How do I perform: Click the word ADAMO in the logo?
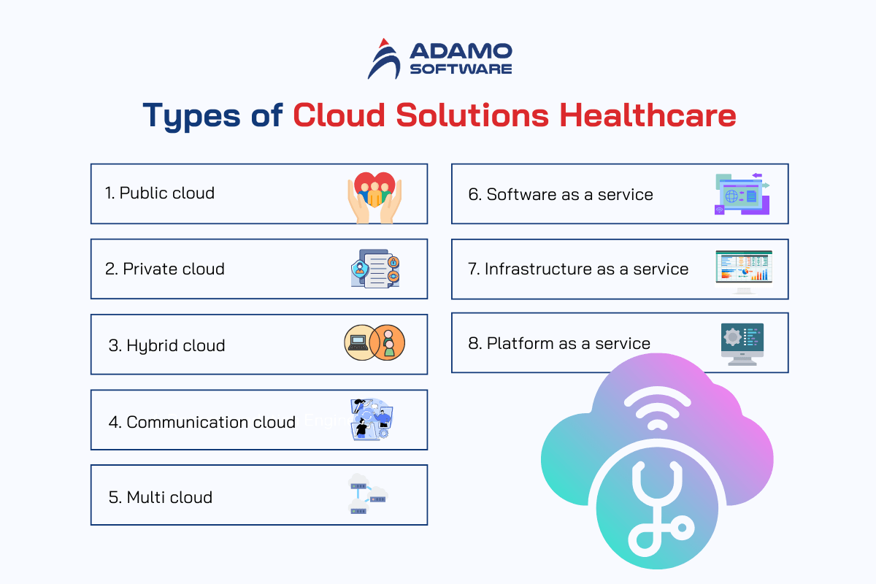(x=461, y=51)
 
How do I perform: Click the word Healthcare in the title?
(x=648, y=115)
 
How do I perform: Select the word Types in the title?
(x=191, y=116)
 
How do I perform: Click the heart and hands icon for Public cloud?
(x=374, y=198)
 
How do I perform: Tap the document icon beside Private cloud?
(x=375, y=269)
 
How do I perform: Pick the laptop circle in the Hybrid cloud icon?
(x=359, y=342)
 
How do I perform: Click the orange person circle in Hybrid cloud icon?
(x=388, y=342)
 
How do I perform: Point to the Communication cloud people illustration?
(x=372, y=419)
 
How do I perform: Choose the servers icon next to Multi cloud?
(x=368, y=493)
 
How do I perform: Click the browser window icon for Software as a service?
(x=742, y=194)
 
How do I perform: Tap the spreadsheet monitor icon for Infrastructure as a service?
(x=744, y=272)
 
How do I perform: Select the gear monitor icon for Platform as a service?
(x=742, y=345)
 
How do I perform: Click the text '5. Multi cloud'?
(x=161, y=497)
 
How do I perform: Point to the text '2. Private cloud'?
(x=165, y=269)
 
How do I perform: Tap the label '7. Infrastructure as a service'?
(x=578, y=269)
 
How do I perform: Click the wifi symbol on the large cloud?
(x=658, y=408)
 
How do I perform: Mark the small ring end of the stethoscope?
(x=682, y=528)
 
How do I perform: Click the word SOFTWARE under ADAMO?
(x=461, y=69)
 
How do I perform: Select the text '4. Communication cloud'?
(x=201, y=422)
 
